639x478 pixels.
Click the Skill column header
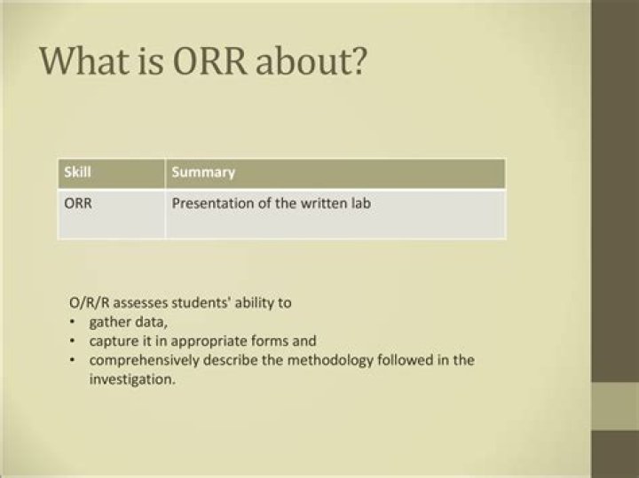[77, 172]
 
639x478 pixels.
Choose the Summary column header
[202, 172]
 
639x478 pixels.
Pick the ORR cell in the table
[79, 203]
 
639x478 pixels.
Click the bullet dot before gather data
[72, 322]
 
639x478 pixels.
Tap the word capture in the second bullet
[111, 341]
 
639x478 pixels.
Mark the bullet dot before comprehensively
[72, 360]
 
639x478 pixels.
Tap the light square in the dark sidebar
[615, 405]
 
